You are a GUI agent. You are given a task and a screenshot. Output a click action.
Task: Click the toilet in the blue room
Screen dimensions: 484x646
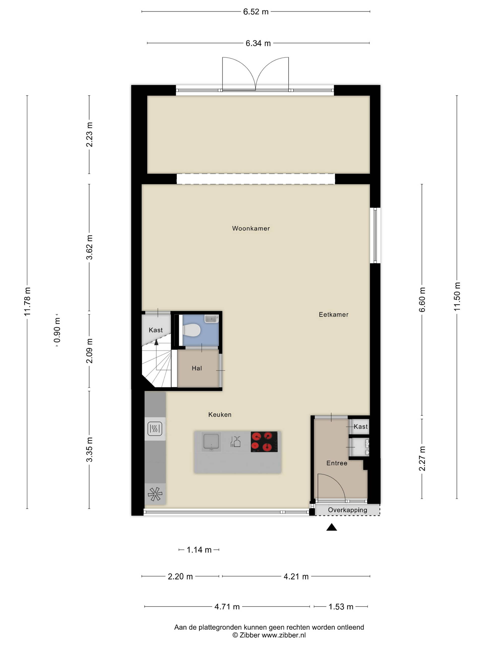point(191,330)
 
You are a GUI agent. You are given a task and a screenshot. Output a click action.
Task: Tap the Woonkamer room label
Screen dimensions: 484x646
point(251,228)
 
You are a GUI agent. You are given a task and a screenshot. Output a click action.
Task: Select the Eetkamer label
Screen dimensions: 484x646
point(334,314)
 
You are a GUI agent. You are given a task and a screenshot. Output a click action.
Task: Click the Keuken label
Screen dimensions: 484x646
point(220,414)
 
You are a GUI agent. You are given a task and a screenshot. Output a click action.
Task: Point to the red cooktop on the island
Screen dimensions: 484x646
point(264,442)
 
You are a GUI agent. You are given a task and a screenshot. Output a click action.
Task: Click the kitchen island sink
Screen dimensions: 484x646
point(211,442)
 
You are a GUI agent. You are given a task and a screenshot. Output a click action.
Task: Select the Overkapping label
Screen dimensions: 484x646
point(347,510)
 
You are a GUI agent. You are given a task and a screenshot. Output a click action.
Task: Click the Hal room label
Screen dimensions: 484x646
point(197,368)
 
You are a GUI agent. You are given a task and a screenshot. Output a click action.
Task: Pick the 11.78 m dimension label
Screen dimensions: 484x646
point(27,301)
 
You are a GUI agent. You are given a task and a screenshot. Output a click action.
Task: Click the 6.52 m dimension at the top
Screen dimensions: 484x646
point(256,12)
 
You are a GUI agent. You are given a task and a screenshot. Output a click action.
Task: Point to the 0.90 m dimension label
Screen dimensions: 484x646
point(57,330)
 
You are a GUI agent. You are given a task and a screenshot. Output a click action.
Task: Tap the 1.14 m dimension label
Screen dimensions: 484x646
point(199,550)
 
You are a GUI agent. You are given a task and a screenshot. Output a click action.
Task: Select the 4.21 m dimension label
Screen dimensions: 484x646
point(296,577)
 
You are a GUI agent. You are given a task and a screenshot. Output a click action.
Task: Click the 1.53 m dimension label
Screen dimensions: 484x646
point(341,607)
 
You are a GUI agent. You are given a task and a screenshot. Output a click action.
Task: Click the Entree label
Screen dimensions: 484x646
point(337,463)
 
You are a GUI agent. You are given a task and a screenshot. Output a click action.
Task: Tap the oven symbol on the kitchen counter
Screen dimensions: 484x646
point(155,429)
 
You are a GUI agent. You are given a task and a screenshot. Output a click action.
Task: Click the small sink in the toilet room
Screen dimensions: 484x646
point(211,319)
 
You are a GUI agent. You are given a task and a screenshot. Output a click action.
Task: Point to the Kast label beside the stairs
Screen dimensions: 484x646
point(156,330)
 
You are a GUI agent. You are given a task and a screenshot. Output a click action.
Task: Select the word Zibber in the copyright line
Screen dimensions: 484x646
point(250,635)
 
